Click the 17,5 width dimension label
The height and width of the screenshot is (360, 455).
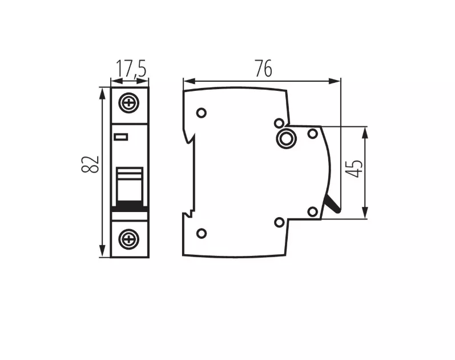pos(131,69)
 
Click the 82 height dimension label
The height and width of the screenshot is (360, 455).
pos(90,165)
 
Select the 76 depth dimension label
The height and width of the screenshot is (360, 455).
pos(264,69)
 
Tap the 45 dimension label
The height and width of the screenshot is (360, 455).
pos(354,169)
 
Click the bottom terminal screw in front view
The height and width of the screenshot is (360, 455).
pos(129,239)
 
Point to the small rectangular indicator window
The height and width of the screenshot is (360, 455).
pos(120,137)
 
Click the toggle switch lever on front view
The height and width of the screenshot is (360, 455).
pos(130,186)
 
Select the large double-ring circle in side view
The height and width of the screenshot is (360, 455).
pos(287,138)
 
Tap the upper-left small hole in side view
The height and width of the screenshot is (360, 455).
pos(202,113)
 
